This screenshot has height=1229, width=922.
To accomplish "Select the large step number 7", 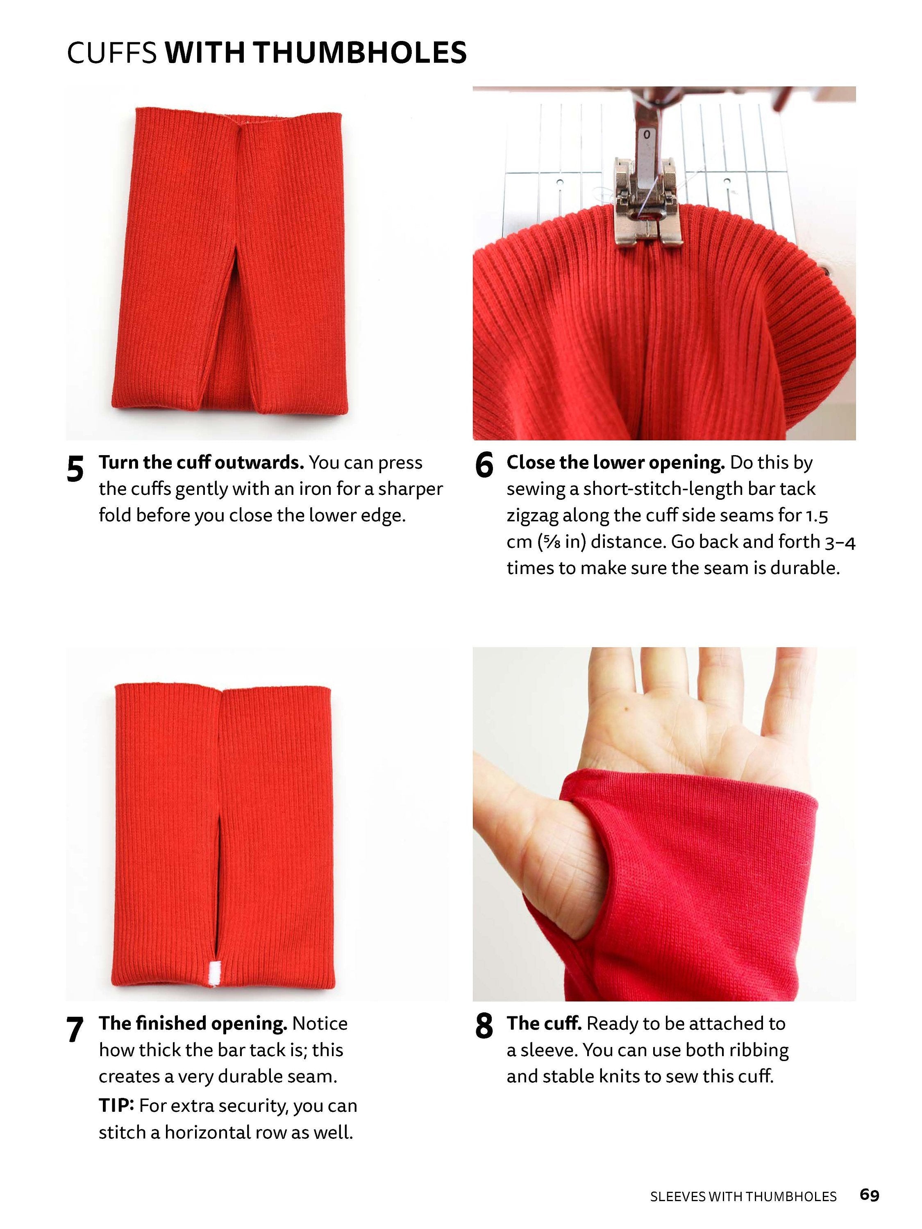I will click(75, 1029).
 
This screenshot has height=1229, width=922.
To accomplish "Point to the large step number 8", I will click(484, 1026).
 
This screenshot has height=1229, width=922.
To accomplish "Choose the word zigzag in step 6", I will click(532, 516).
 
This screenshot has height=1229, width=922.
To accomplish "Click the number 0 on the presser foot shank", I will click(646, 134).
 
